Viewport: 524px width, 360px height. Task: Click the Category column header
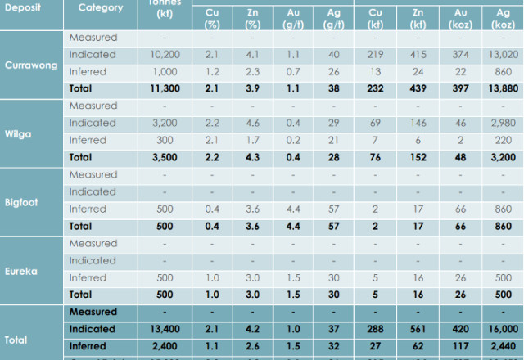[x=101, y=8]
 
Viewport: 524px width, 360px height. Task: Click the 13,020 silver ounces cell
[x=499, y=55]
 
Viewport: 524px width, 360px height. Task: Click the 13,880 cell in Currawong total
[x=499, y=88]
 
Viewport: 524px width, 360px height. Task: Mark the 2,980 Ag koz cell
[x=499, y=124]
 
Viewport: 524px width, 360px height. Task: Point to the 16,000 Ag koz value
[x=499, y=329]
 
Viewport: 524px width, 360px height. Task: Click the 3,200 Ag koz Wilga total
[x=499, y=157]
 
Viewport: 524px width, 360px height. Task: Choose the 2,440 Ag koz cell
[x=499, y=346]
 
